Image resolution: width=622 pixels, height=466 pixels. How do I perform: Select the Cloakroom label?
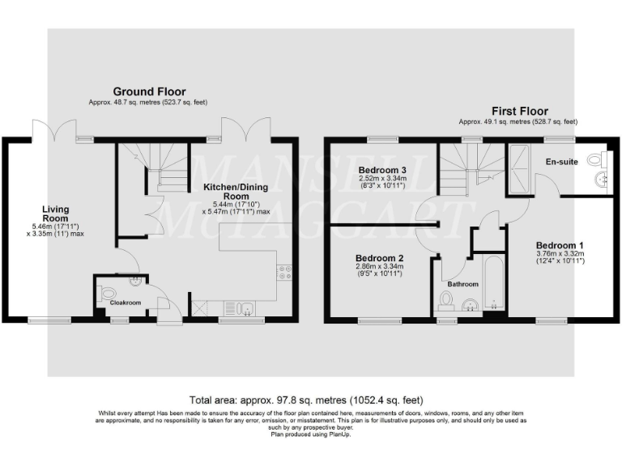126,303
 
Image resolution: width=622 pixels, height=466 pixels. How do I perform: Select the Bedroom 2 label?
379,258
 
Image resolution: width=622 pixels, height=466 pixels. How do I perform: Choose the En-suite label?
561,162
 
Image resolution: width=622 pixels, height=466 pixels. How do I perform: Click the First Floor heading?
519,111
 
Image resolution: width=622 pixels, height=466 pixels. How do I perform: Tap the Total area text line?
307,400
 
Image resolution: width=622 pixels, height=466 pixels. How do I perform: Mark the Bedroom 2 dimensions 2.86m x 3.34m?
379,271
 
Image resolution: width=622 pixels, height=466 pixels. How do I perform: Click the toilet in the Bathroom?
444,301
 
